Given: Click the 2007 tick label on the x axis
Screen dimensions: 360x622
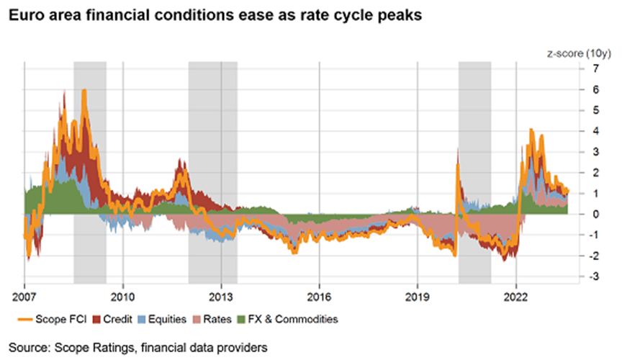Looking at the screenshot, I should coord(24,295).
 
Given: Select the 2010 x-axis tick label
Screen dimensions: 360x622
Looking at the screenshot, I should coord(122,295).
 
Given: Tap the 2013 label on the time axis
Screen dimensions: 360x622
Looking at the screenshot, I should coord(221,295).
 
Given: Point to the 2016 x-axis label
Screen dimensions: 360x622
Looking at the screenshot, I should coord(319,295).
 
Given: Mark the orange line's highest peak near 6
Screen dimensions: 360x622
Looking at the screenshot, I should coord(85,90).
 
